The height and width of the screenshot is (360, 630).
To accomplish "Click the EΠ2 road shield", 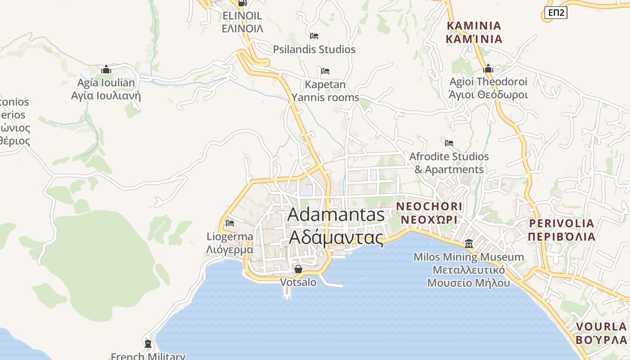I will pos(556,13).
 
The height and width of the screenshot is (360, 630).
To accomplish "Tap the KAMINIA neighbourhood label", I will pos(474,32).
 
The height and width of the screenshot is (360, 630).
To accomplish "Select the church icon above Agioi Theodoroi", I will pos(488,69).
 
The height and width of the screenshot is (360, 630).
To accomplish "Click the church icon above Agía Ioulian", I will pos(106,69).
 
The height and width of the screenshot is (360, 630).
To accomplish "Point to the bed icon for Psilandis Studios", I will pos(314,36).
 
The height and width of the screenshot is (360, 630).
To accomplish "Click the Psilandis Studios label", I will pos(314,49).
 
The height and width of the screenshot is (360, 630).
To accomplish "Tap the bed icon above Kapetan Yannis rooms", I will pos(325,71).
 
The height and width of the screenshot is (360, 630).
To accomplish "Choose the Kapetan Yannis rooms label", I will pos(325,91).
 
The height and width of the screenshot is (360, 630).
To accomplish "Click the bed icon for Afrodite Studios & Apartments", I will pos(449,143).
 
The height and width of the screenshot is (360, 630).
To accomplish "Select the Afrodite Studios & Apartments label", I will pos(449,163).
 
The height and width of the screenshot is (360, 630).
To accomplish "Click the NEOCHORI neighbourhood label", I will pos(429,213).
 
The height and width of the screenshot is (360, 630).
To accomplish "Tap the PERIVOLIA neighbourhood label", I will pos(562,229).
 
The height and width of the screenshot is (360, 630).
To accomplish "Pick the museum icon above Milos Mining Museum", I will pos(469,243).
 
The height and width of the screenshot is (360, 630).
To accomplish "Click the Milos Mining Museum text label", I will pos(469,270).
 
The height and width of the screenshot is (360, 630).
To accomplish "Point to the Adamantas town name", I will pos(336,225).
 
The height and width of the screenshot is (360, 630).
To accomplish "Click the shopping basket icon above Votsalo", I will pos(298,269).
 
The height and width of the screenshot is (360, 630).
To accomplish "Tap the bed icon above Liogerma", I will pos(230,223).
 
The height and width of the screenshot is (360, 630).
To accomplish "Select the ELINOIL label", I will pos(242,22).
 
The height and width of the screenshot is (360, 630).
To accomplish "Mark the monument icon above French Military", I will pos(148,344).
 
